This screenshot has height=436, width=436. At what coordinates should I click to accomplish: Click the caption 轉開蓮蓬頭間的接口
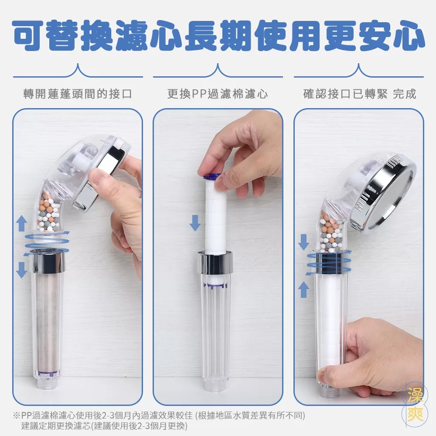78,94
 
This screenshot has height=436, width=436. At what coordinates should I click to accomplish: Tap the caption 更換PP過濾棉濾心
218,94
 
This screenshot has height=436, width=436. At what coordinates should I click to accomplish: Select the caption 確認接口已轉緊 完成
360,94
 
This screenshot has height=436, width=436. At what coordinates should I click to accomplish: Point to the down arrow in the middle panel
195,223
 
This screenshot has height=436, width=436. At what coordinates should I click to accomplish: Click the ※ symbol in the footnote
17,416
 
